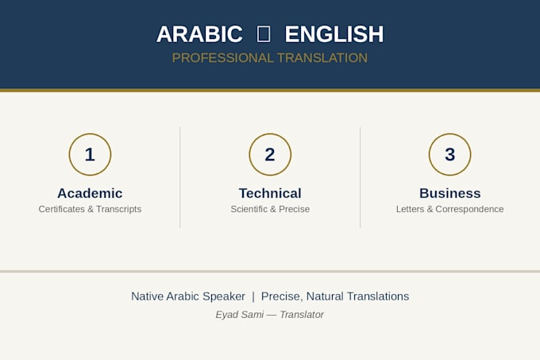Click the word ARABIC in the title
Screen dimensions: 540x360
pyautogui.click(x=199, y=34)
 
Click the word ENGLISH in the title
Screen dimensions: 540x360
pyautogui.click(x=334, y=34)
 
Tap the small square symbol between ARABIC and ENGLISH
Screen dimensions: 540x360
pyautogui.click(x=264, y=34)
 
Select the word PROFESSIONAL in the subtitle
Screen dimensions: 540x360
pyautogui.click(x=222, y=58)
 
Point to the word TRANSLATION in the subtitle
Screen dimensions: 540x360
pyautogui.click(x=322, y=58)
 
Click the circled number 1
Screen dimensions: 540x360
pyautogui.click(x=90, y=154)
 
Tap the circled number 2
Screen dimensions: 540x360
pyautogui.click(x=270, y=154)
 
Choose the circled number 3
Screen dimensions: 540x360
pyautogui.click(x=449, y=154)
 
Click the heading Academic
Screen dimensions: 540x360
pyautogui.click(x=90, y=193)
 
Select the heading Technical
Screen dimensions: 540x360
pyautogui.click(x=270, y=193)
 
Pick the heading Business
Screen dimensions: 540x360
pyautogui.click(x=449, y=193)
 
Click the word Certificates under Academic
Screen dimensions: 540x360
pyautogui.click(x=62, y=209)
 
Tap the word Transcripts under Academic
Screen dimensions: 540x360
pyautogui.click(x=119, y=210)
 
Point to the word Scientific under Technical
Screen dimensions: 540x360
pyautogui.click(x=249, y=209)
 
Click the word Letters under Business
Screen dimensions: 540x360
pyautogui.click(x=410, y=209)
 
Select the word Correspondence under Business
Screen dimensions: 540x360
pyautogui.click(x=469, y=210)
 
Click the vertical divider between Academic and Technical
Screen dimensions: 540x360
pyautogui.click(x=180, y=177)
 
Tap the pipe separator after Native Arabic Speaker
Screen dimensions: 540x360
pyautogui.click(x=253, y=296)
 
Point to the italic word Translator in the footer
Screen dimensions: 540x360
pyautogui.click(x=302, y=315)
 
